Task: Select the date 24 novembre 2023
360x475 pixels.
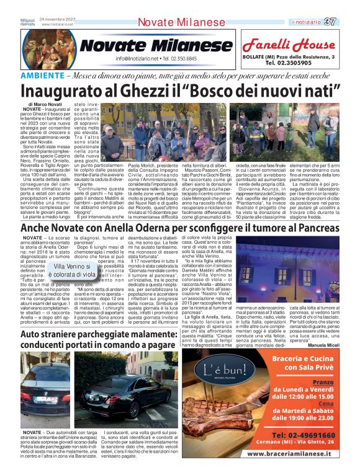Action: coord(57,19)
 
